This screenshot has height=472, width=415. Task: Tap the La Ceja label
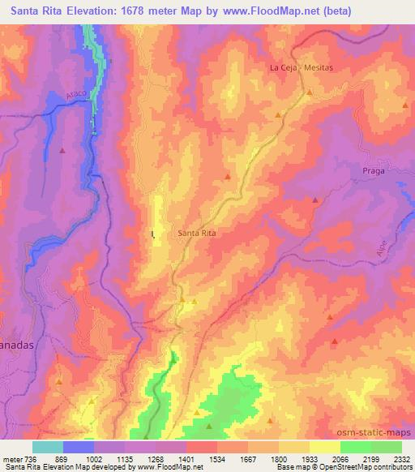(283, 68)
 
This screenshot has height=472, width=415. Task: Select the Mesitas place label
(318, 68)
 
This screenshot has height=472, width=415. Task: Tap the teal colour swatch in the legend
(48, 447)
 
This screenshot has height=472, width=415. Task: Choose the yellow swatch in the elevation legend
(324, 447)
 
